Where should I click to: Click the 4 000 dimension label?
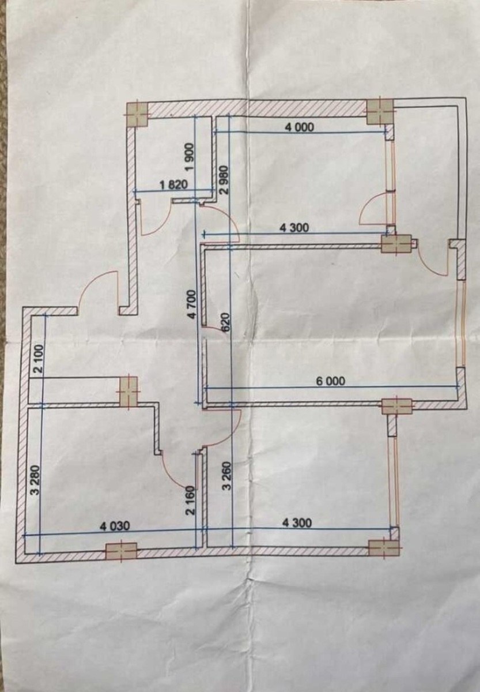pyautogui.click(x=300, y=127)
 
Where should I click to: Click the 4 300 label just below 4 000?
pyautogui.click(x=294, y=228)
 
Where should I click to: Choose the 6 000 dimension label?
pyautogui.click(x=331, y=381)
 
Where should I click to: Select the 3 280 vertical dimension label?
pyautogui.click(x=36, y=477)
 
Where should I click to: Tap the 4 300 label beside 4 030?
pyautogui.click(x=297, y=523)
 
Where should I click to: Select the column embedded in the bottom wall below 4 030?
pyautogui.click(x=122, y=551)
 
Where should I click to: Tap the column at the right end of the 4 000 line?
pyautogui.click(x=380, y=110)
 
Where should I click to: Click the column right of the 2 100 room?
pyautogui.click(x=128, y=392)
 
